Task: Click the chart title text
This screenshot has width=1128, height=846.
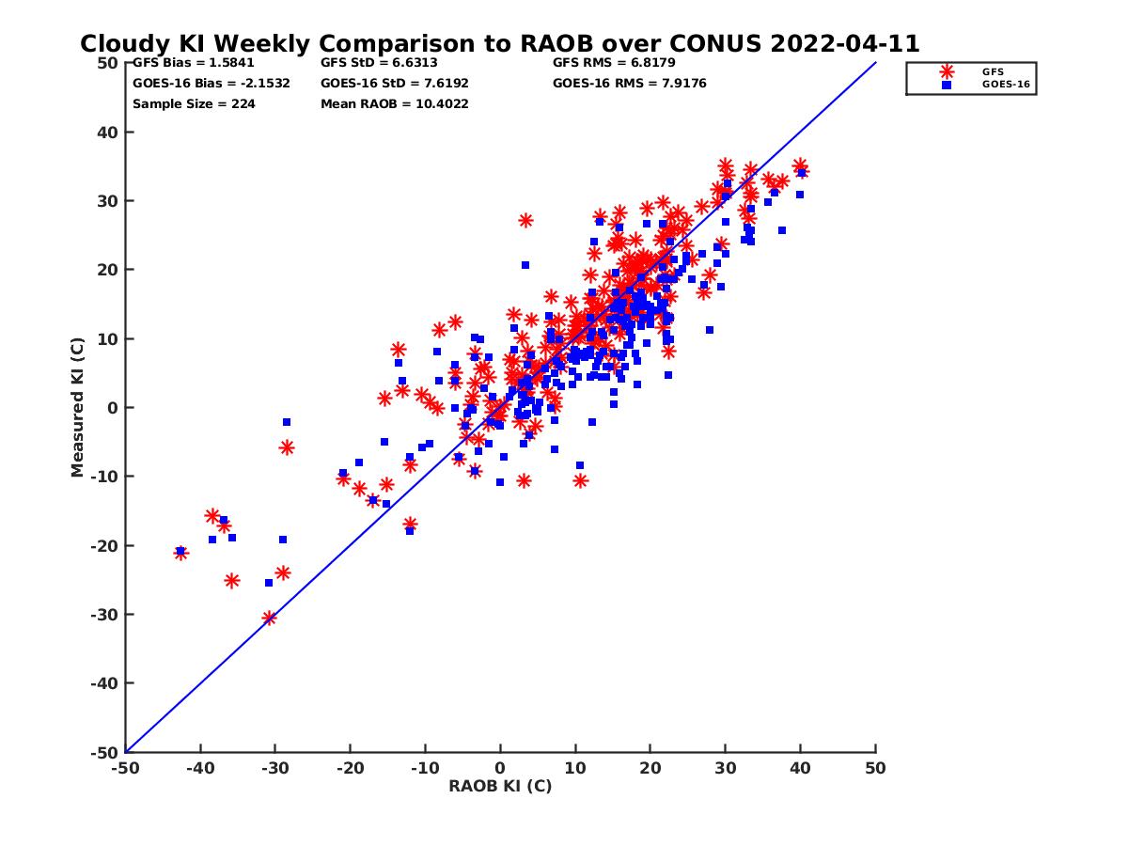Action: pos(499,44)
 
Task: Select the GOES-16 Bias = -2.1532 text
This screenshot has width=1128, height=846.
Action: pos(211,84)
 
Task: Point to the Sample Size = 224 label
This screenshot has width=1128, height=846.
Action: pos(194,104)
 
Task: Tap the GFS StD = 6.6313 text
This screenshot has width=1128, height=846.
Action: pos(379,63)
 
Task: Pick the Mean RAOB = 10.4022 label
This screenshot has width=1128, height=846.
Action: pos(394,104)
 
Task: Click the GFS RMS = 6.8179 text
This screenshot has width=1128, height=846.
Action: pos(614,63)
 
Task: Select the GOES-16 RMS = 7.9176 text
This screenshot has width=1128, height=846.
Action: pos(629,84)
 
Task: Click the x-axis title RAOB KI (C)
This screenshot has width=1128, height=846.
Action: pos(499,786)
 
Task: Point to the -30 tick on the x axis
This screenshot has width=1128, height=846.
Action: pos(274,768)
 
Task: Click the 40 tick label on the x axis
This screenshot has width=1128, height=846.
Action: pos(800,768)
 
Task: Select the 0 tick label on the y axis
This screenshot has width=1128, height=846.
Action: pos(112,408)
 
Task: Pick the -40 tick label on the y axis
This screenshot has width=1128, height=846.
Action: pos(103,683)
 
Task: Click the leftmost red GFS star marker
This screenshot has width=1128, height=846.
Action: pos(180,553)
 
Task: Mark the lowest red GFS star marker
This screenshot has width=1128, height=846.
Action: pos(270,618)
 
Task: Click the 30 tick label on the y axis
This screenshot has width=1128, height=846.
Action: pos(107,201)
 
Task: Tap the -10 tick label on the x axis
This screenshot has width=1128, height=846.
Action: pos(425,768)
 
